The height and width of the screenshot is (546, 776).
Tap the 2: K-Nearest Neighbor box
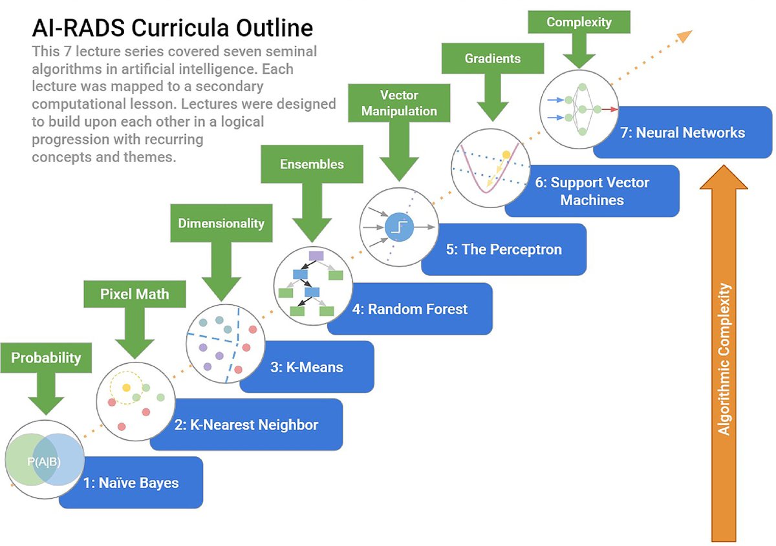point(246,425)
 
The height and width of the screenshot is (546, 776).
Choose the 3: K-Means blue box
point(307,367)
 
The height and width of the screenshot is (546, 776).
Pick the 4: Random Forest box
point(417,309)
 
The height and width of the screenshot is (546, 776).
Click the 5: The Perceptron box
point(503,249)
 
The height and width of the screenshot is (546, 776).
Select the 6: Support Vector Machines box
point(592,191)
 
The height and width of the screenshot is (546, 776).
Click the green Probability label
point(46,357)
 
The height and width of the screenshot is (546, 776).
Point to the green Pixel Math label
point(135,294)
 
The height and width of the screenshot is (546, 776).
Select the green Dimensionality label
point(221,223)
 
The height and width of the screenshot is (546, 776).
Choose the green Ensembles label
point(312,164)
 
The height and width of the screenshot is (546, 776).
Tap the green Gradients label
point(492,58)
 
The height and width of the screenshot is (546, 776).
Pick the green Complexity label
point(578,22)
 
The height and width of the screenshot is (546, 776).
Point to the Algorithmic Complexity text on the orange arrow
point(724,359)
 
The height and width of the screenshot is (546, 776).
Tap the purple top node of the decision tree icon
point(316,256)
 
